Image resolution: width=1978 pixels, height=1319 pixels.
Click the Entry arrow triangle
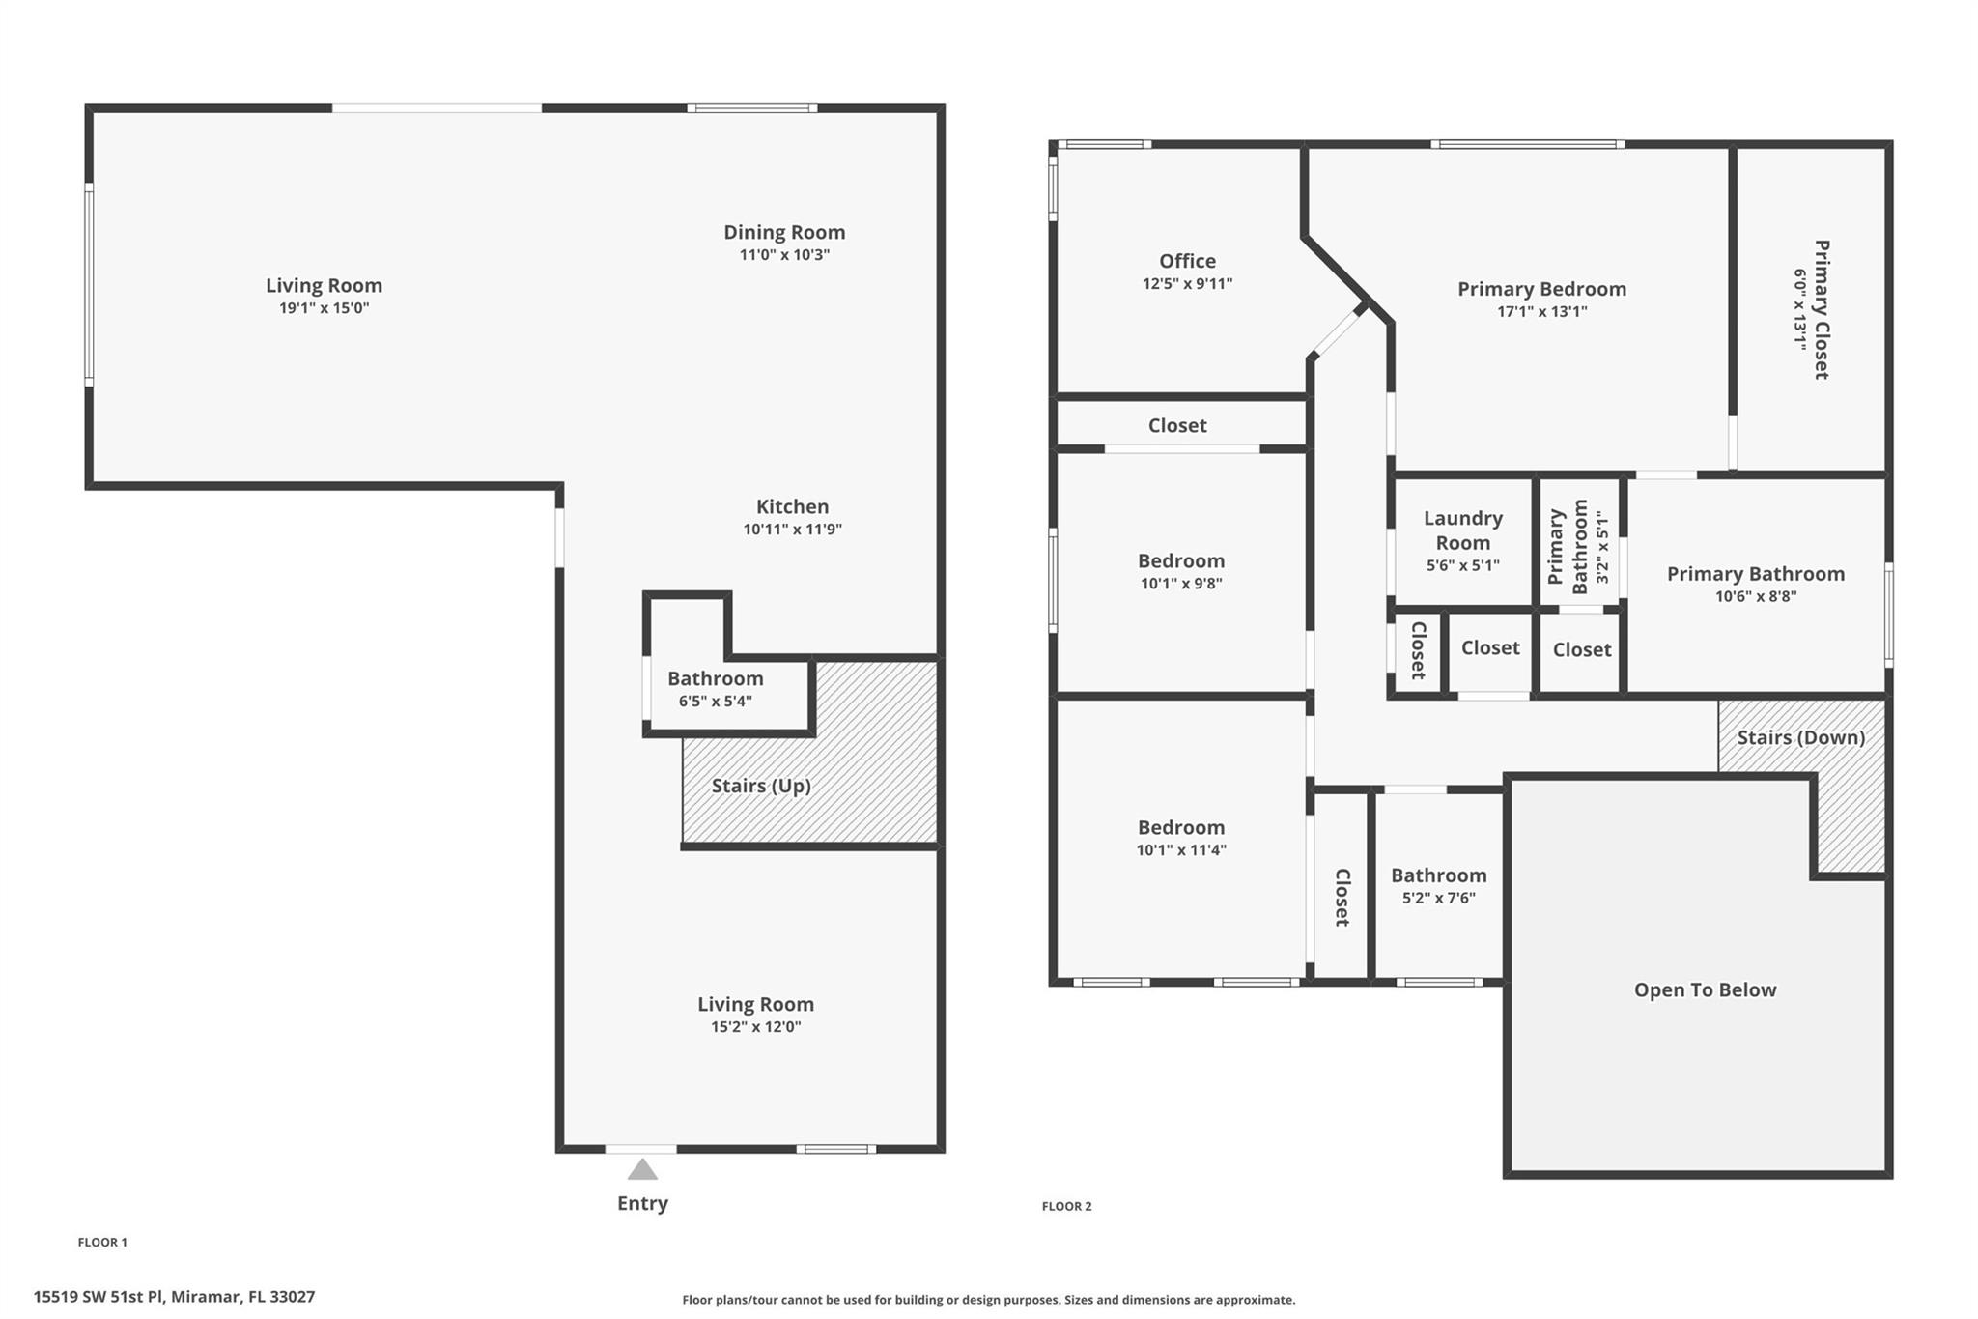click(x=642, y=1170)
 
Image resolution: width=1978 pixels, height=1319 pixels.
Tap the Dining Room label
click(x=784, y=232)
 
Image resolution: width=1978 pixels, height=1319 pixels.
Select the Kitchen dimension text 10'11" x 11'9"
click(x=793, y=530)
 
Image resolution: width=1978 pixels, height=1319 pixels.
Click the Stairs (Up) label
click(x=761, y=786)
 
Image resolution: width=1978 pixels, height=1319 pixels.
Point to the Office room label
click(x=1187, y=261)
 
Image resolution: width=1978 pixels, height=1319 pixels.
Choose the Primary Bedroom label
click(x=1541, y=289)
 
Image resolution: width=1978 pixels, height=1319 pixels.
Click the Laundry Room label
click(x=1463, y=530)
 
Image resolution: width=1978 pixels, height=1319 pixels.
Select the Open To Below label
click(x=1705, y=989)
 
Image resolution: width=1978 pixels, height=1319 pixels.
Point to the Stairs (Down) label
click(x=1801, y=737)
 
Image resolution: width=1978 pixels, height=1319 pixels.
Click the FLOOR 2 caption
click(x=1066, y=1206)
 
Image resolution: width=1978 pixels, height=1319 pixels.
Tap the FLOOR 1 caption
click(x=102, y=1243)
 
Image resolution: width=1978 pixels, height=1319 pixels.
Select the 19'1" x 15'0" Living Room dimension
click(x=325, y=308)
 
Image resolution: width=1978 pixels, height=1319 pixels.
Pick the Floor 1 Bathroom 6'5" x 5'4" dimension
click(x=715, y=702)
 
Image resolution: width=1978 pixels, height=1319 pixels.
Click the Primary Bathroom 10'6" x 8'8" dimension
click(x=1756, y=596)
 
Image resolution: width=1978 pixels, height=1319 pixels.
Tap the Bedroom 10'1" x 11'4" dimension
click(x=1181, y=850)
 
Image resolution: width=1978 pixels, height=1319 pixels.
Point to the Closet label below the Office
click(x=1177, y=425)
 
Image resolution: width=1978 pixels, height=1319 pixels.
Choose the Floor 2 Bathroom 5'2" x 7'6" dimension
click(x=1439, y=898)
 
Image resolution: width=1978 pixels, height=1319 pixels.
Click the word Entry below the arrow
click(x=642, y=1203)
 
